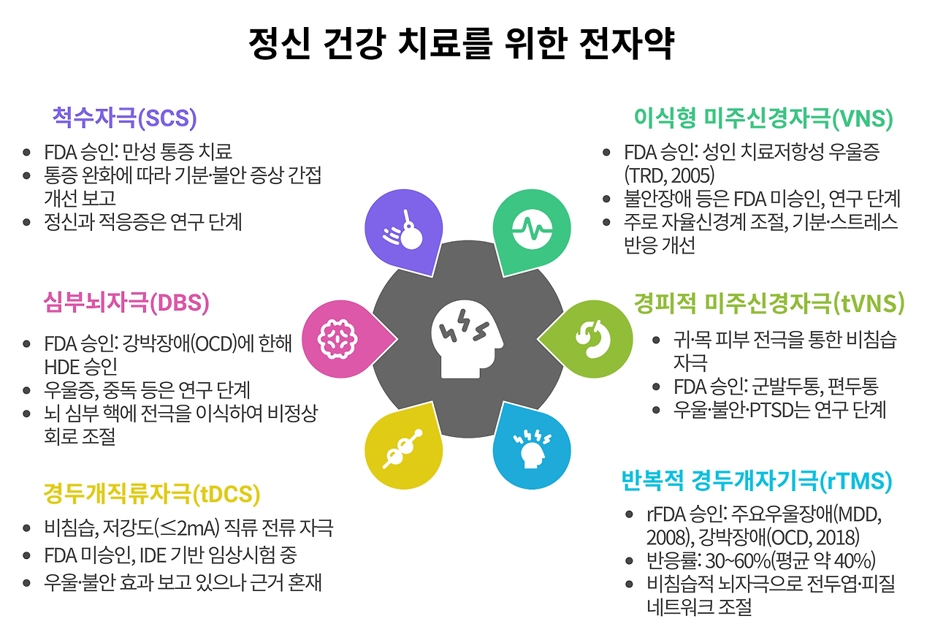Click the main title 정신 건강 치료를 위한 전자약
tap(461, 45)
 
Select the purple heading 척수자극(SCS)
tap(125, 117)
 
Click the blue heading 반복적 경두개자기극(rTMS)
tap(757, 481)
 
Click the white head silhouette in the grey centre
tap(468, 340)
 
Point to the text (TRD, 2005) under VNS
tap(668, 175)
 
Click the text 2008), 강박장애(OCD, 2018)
tap(752, 538)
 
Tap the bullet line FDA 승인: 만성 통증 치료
tap(138, 152)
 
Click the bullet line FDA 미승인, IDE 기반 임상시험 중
tap(170, 555)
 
